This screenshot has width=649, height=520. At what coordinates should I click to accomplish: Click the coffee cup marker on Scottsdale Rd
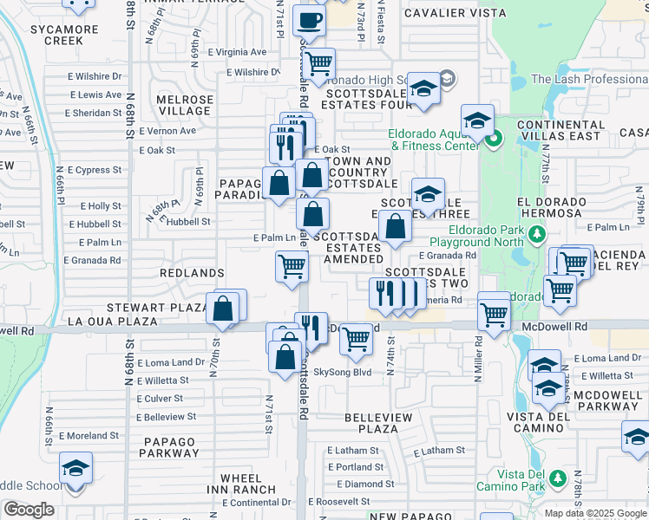point(310,19)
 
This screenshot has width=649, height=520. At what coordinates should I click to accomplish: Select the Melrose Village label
point(184,105)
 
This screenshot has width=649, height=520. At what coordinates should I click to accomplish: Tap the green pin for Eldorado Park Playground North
point(536,233)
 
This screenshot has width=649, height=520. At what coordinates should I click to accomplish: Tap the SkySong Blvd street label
point(342,373)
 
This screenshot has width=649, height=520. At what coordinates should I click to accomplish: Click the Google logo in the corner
point(29,510)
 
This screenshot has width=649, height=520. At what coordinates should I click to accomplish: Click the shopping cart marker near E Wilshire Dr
point(319,62)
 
